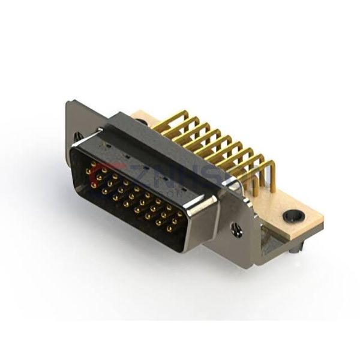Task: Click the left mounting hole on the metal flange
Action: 78,137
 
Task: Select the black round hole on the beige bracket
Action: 294,215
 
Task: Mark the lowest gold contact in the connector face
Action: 169,229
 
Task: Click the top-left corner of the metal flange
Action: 68,103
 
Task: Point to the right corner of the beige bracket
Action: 322,224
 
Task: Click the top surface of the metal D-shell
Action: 162,150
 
